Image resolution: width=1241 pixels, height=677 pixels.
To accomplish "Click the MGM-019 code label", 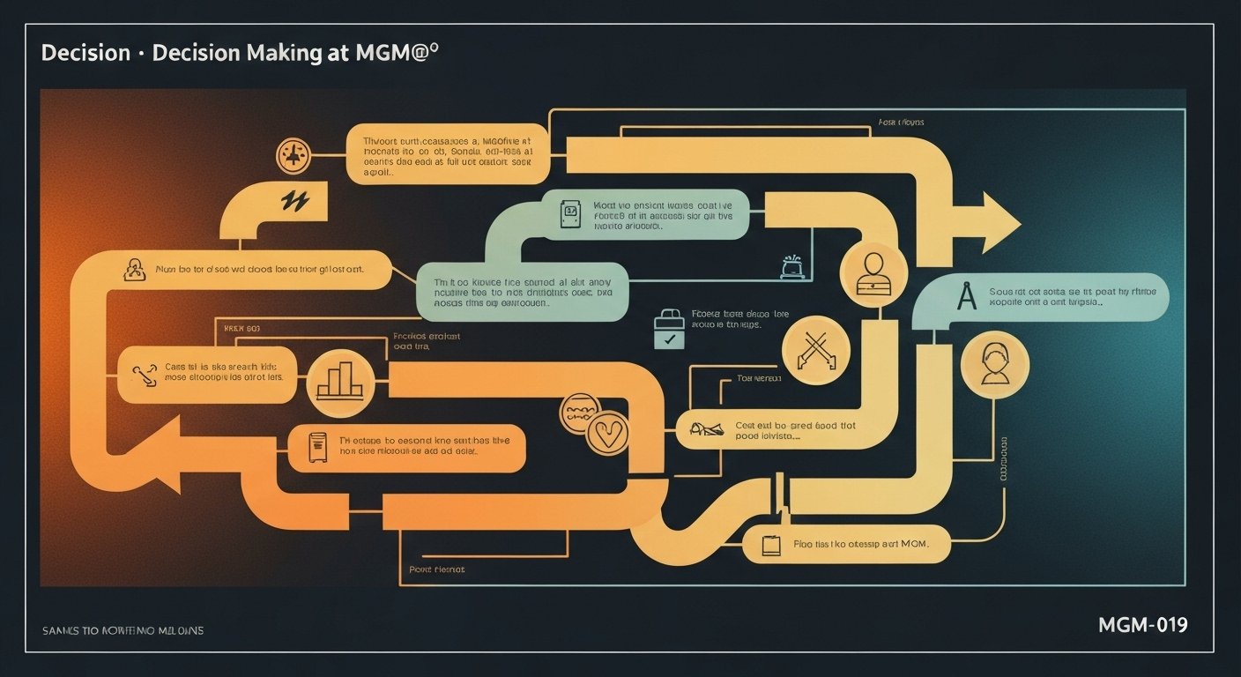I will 1142,625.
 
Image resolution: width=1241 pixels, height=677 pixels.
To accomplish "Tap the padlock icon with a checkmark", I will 668,330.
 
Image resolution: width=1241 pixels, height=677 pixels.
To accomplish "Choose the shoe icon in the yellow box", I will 705,429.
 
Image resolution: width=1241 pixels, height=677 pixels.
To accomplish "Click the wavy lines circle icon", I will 580,413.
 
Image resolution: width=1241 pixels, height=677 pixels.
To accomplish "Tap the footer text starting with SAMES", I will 123,630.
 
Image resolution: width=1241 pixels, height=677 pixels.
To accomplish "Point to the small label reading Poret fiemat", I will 436,569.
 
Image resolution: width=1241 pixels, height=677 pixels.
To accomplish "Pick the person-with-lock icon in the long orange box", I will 135,269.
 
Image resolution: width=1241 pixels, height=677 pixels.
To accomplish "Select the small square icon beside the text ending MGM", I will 771,544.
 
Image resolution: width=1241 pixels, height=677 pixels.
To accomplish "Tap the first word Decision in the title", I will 85,52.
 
